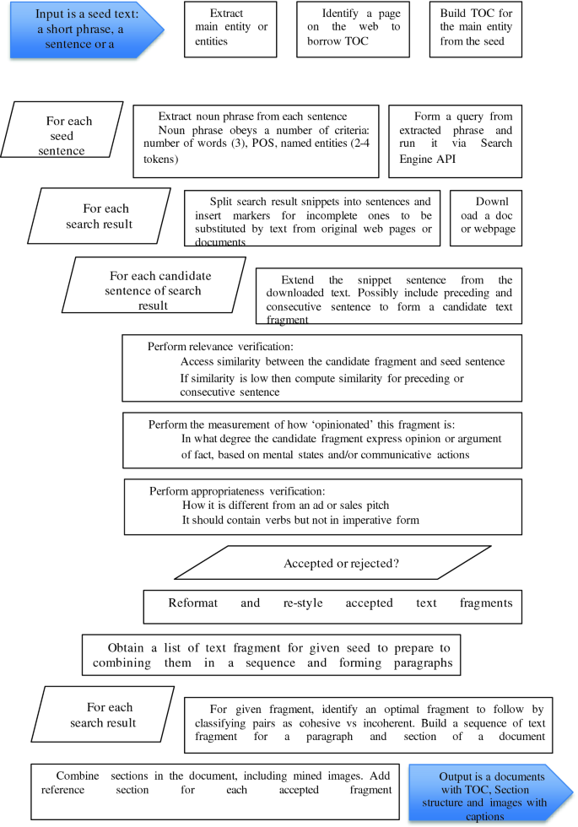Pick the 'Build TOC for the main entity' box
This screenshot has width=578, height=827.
point(476,30)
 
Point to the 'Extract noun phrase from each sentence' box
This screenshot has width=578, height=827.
point(255,141)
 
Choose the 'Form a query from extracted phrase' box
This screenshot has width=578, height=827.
point(455,141)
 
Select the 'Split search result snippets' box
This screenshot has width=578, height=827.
point(312,218)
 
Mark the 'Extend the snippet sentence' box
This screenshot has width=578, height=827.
point(389,295)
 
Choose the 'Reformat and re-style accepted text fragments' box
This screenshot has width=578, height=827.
point(340,604)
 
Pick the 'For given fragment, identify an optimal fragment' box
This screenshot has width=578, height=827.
point(365,724)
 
